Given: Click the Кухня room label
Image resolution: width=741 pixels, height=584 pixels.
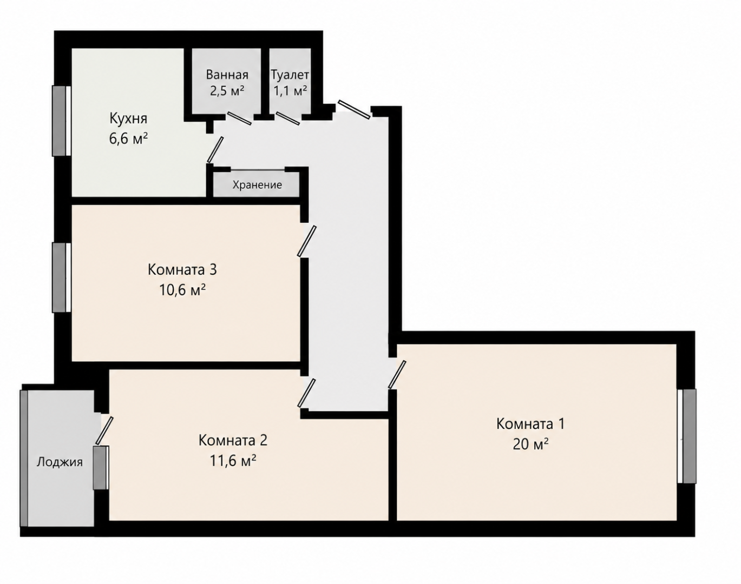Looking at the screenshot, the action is [x=128, y=118].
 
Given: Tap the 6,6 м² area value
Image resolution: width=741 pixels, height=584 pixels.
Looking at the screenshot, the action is [x=128, y=138].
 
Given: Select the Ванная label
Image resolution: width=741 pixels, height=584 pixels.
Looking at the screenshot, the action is [x=227, y=74].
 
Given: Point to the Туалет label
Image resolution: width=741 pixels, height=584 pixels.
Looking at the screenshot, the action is [x=290, y=74].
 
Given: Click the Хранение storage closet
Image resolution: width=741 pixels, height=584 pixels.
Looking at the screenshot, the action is [x=257, y=185].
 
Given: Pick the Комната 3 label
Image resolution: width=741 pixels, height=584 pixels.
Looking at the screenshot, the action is [x=182, y=269].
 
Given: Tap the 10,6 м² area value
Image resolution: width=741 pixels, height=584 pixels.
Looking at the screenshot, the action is [x=182, y=290].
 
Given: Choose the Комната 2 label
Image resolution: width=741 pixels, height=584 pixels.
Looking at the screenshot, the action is [x=233, y=441].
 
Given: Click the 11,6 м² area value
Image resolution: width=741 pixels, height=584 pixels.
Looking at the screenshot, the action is [x=233, y=461].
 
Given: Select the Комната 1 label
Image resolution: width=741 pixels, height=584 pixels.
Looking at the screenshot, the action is [x=530, y=424].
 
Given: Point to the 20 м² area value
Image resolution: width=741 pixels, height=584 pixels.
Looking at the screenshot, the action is [x=530, y=444].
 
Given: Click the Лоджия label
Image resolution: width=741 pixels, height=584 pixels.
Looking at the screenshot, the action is [x=60, y=462].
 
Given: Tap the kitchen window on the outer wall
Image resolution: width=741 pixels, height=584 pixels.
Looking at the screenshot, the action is [x=62, y=121].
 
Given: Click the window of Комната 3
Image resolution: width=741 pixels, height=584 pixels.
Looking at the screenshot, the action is [x=62, y=277].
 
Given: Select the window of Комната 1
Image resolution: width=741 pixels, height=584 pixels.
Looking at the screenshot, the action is [x=686, y=436].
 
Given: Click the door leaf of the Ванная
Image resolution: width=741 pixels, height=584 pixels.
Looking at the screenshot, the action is [x=239, y=118].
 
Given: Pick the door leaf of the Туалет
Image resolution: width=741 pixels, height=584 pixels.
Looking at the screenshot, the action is [x=288, y=118].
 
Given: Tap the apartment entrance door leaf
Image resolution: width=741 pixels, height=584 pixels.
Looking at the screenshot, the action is [x=354, y=109].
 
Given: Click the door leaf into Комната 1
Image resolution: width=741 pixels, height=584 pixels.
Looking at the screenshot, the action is [x=397, y=375].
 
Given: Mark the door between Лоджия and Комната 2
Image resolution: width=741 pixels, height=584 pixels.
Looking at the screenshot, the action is [x=104, y=430].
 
